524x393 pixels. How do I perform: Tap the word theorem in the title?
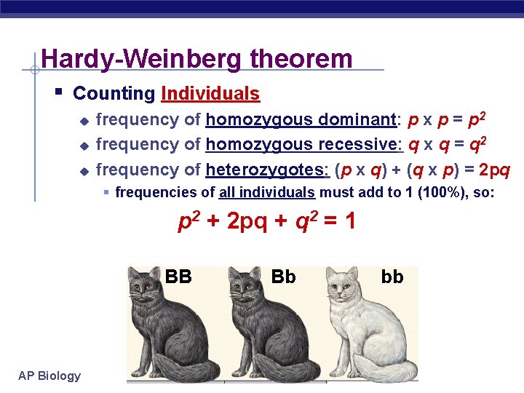click(x=301, y=59)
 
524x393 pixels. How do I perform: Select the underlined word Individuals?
click(x=210, y=94)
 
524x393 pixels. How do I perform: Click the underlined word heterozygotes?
click(x=268, y=170)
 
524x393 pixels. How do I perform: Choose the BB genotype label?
click(x=178, y=277)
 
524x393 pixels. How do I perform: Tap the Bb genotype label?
click(x=283, y=277)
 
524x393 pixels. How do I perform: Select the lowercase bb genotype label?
click(x=392, y=277)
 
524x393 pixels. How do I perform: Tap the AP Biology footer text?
click(x=50, y=376)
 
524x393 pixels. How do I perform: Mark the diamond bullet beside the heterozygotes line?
click(x=84, y=171)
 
